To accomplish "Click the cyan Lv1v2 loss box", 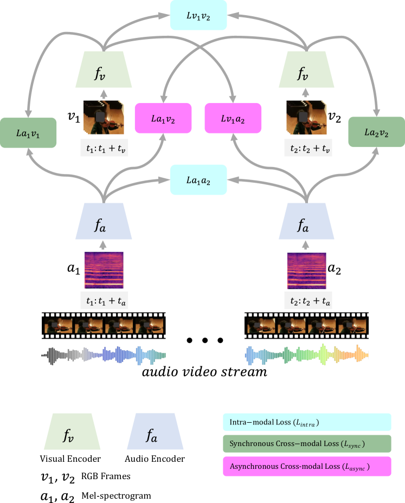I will [198, 15].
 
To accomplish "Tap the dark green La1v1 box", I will [28, 133].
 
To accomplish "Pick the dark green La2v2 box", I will [376, 132].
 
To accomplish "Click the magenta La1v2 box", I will [163, 118].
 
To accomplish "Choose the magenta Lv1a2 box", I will [233, 118].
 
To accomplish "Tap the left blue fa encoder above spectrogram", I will [104, 221].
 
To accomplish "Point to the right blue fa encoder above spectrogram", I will [306, 221].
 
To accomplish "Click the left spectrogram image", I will [104, 270].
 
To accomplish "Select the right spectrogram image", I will [307, 270].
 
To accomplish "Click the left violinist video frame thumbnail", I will [104, 117].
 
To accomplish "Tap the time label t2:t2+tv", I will [308, 148].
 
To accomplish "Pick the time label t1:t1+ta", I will [104, 300].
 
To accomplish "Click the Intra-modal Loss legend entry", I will [306, 422].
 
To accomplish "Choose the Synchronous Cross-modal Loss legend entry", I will [306, 444].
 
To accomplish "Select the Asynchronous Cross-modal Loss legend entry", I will [306, 466].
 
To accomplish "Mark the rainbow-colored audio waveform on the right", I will [307, 354].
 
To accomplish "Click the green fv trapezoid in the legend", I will [72, 431].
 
